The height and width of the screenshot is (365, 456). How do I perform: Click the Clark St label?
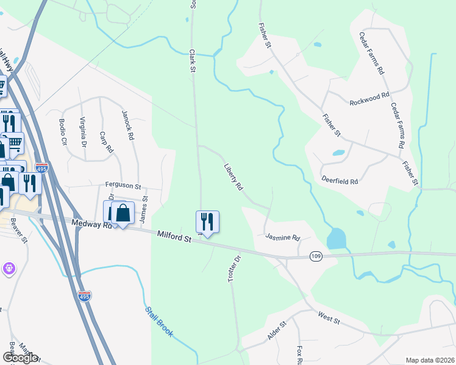pyautogui.click(x=192, y=61)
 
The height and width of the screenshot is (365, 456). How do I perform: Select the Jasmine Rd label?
pyautogui.click(x=283, y=237)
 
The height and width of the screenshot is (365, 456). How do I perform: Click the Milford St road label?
pyautogui.click(x=174, y=236)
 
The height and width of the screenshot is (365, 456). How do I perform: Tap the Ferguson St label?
pyautogui.click(x=123, y=186)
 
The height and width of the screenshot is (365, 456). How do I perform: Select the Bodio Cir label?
pyautogui.click(x=63, y=131)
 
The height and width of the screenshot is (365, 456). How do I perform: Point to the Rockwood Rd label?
pyautogui.click(x=369, y=99)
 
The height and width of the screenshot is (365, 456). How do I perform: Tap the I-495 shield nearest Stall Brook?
pyautogui.click(x=85, y=296)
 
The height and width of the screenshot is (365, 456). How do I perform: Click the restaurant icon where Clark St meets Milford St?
pyautogui.click(x=207, y=221)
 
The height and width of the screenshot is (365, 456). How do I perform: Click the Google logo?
pyautogui.click(x=20, y=358)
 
